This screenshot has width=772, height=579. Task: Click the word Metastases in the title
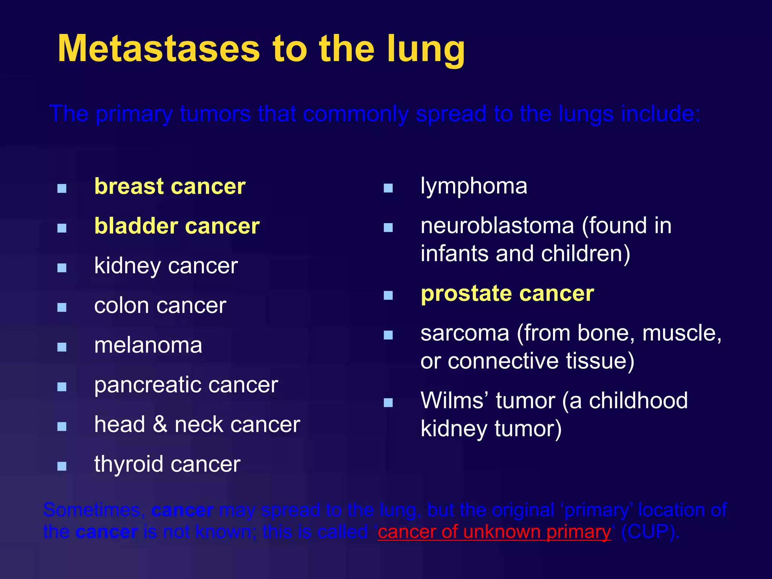click(x=159, y=49)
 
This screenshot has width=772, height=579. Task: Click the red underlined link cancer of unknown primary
click(x=494, y=532)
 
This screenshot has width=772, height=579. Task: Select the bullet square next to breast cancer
click(x=62, y=188)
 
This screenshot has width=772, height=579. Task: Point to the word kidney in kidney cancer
click(x=127, y=266)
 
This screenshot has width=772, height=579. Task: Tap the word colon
click(x=122, y=305)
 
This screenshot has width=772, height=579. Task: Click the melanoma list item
click(x=148, y=345)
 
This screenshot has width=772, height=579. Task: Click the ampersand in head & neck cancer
click(x=160, y=424)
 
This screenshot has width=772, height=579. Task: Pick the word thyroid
click(x=127, y=464)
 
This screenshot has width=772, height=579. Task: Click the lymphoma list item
click(x=474, y=186)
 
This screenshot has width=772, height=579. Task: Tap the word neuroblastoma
click(x=497, y=226)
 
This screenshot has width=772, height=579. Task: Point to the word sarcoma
click(x=465, y=333)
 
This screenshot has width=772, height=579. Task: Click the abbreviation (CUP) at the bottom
click(x=650, y=532)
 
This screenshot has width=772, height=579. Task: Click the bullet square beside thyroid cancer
click(x=62, y=466)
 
